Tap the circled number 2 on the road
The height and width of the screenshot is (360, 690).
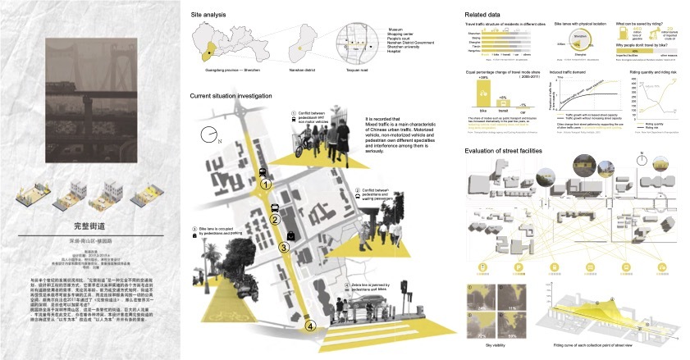(x=276, y=219)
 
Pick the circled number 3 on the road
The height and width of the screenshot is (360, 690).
(x=284, y=247)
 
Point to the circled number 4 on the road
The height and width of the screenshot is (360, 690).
(x=310, y=326)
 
